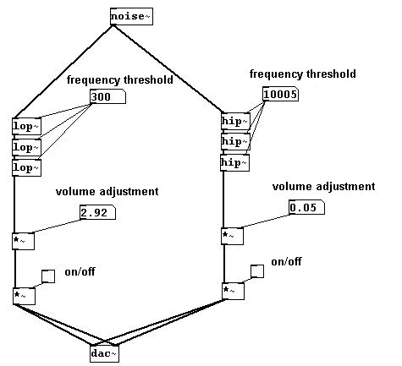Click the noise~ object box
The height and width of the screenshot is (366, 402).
pos(131,16)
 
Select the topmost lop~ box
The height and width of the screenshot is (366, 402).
pos(27,126)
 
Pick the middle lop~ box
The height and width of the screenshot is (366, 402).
pos(27,147)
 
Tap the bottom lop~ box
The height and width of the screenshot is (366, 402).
pos(27,167)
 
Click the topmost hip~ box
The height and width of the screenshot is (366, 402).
pos(235,121)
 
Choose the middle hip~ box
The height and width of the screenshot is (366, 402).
pos(235,141)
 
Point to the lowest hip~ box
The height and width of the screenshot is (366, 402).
pos(234,162)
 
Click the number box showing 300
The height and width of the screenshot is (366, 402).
pos(107,96)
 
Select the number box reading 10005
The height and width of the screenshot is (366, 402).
pos(281,94)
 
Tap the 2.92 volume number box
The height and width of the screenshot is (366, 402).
pos(98,212)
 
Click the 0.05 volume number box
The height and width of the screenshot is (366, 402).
pos(307,207)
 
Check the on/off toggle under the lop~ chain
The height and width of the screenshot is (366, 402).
pos(48,276)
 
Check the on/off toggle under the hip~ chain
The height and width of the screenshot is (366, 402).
pos(257,271)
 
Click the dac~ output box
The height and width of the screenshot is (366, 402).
pos(105,353)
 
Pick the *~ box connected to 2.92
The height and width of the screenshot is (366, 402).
pos(24,241)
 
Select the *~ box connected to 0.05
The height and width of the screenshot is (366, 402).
pos(232,236)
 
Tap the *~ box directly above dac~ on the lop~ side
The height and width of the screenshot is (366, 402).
pos(24,296)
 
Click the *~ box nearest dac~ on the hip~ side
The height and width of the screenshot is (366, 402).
pos(233,291)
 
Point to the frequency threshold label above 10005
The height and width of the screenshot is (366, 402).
pos(303,74)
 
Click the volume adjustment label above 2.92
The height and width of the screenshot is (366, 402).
pos(107,192)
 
